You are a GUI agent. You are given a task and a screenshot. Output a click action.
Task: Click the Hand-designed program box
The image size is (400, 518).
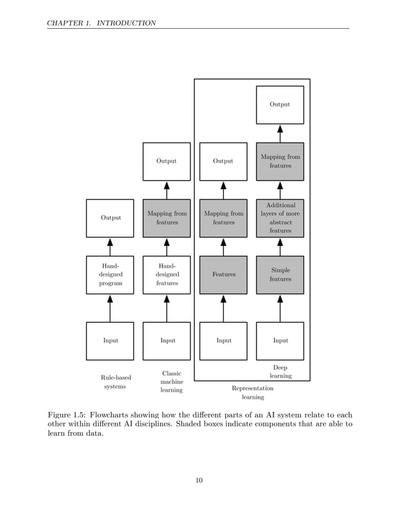[110, 275]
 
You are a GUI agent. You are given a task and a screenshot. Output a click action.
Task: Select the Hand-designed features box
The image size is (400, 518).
[167, 275]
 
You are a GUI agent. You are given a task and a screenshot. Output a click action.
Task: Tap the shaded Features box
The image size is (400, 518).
[223, 275]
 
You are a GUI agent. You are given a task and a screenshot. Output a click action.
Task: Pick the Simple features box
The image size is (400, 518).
[280, 275]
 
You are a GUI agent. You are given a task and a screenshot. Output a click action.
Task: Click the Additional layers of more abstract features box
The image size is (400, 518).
[280, 218]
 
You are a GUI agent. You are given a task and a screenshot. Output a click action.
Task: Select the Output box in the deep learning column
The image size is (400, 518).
[280, 105]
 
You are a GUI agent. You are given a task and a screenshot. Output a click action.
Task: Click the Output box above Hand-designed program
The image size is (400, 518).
[110, 218]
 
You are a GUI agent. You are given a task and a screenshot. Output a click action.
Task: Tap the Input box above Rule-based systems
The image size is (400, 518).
[110, 341]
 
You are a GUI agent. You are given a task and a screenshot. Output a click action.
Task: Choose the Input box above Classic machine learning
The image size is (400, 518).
[167, 341]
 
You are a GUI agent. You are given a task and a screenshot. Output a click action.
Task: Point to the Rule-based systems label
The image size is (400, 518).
[115, 382]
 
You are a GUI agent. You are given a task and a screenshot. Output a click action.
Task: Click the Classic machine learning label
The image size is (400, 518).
[171, 382]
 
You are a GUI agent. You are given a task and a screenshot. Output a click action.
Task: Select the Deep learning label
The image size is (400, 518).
[280, 372]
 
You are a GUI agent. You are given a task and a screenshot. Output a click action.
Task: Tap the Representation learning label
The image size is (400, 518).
[253, 393]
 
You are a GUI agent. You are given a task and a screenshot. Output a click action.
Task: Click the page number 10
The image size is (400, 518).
[199, 481]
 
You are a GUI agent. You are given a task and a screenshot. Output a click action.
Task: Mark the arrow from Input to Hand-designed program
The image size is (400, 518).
[110, 308]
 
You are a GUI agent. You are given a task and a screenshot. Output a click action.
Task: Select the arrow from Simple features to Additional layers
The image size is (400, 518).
[280, 246]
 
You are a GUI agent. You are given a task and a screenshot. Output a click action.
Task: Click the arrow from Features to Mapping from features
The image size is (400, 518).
[223, 246]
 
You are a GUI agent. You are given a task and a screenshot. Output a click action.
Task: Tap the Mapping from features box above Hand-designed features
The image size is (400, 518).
[167, 218]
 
